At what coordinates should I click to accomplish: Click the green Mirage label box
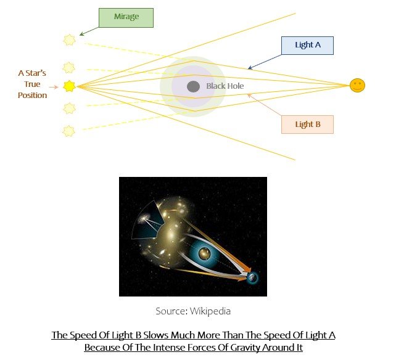(125, 17)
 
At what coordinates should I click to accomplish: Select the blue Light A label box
(307, 46)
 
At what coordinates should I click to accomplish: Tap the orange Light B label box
(307, 124)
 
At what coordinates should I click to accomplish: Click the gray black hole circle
(193, 86)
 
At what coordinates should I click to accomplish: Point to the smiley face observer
(357, 86)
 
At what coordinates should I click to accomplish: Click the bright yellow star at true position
(69, 86)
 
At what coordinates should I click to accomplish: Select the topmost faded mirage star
(69, 40)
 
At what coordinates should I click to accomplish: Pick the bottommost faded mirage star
(69, 131)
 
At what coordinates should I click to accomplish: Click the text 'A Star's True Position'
(32, 84)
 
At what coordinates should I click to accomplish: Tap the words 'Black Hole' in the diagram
(225, 86)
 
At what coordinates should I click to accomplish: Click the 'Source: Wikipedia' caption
(192, 311)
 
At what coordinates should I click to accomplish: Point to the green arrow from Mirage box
(89, 30)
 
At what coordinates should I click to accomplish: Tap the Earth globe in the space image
(252, 278)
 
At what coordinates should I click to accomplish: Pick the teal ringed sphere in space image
(205, 253)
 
